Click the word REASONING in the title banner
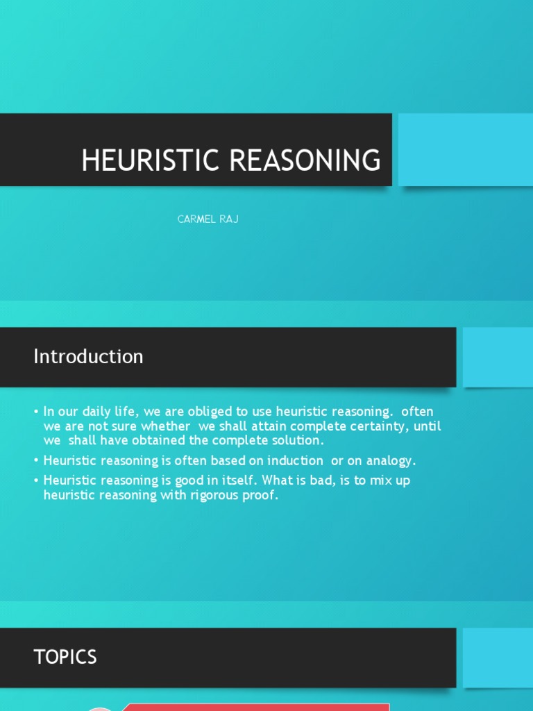[305, 160]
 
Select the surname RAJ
[230, 219]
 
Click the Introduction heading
[88, 356]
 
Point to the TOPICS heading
[65, 657]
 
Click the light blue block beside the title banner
[465, 149]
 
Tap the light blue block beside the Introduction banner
[498, 357]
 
